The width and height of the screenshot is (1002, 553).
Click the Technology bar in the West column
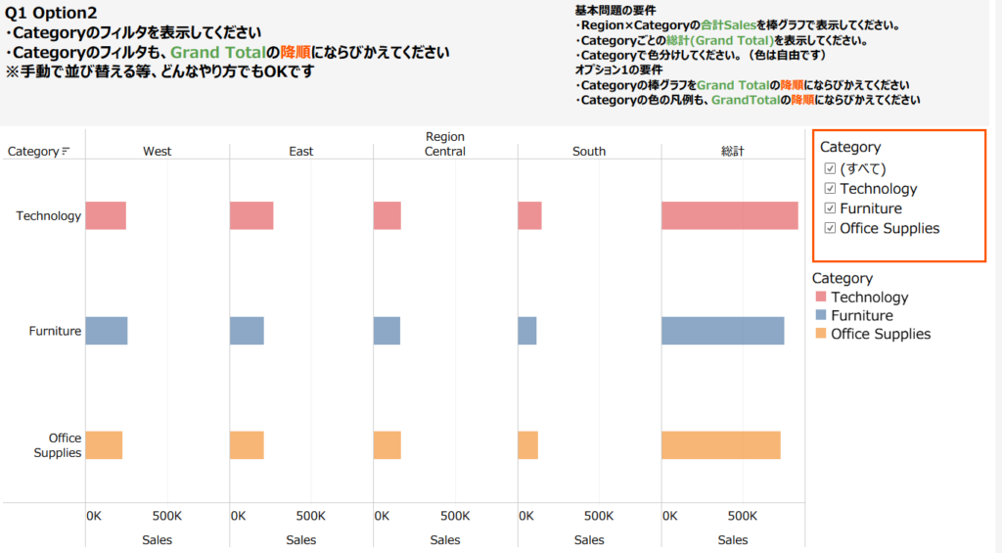(106, 215)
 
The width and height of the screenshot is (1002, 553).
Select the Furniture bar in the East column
(247, 331)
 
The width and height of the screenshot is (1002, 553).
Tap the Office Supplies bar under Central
(387, 445)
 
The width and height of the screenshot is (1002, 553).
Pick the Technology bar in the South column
(529, 215)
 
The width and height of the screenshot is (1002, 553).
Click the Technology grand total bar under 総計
(729, 215)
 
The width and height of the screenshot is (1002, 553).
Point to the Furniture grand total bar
(722, 331)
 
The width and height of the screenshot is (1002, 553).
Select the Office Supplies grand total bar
(720, 445)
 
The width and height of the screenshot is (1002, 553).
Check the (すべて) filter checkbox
(831, 168)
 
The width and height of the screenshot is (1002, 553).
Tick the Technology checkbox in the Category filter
(831, 189)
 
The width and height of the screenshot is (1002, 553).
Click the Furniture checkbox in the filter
(831, 208)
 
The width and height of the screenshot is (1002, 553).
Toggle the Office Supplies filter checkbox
(831, 228)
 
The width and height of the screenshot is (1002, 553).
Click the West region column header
(157, 152)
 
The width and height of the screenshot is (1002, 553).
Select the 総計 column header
(733, 152)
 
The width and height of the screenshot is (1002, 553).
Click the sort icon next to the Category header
(66, 152)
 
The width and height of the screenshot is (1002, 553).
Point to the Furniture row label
(55, 331)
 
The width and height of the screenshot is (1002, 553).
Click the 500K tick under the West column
(167, 515)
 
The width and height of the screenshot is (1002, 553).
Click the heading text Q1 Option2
(51, 13)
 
